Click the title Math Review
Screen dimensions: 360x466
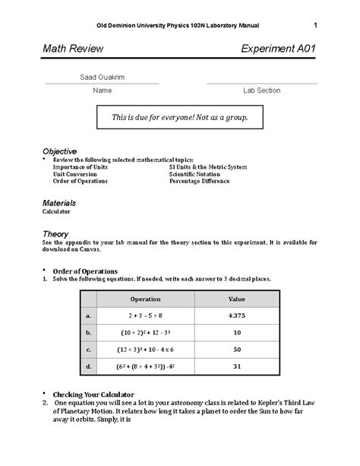pos(73,49)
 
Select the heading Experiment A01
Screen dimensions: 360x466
pos(278,49)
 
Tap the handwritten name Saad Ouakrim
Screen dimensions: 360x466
pos(103,77)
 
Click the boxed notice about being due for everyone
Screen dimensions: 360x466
pos(180,118)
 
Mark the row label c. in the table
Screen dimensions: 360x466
pos(88,350)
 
